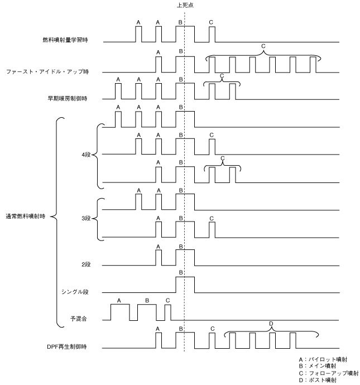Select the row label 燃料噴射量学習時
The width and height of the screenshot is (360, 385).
[65, 40]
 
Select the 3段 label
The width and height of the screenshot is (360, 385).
[86, 218]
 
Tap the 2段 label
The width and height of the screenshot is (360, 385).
[86, 263]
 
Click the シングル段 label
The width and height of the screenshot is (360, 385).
[77, 291]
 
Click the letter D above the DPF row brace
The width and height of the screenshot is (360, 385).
[271, 324]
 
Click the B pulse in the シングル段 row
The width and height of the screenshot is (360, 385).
[185, 284]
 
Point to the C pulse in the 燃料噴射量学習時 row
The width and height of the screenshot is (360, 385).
[211, 33]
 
